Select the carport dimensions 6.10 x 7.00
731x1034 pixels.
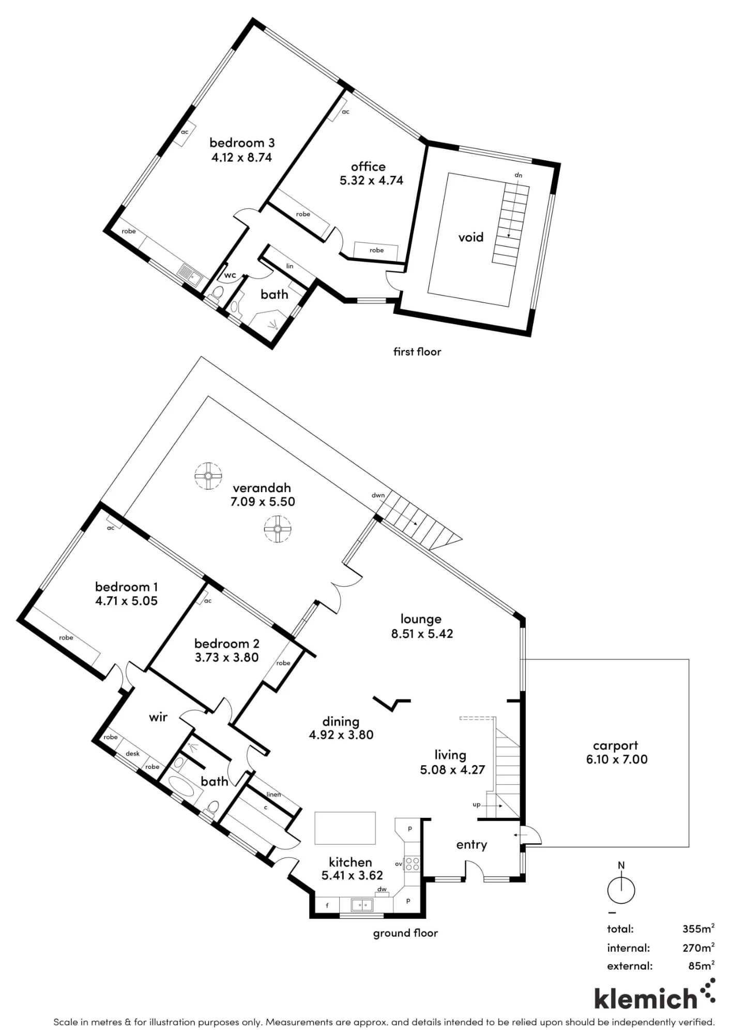617,759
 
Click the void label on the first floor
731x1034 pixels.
470,237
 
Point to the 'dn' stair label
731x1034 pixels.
518,175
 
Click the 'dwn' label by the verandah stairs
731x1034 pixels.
378,495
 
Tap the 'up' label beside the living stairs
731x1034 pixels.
477,805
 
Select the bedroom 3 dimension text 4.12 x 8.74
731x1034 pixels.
241,158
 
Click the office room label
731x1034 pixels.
368,166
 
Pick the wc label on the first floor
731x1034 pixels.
230,275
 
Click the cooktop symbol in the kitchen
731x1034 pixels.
412,863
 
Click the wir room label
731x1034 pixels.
158,717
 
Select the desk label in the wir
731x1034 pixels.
132,754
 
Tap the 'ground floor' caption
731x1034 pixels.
405,933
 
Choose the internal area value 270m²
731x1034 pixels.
698,947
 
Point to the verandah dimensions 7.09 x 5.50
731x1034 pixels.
263,501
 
